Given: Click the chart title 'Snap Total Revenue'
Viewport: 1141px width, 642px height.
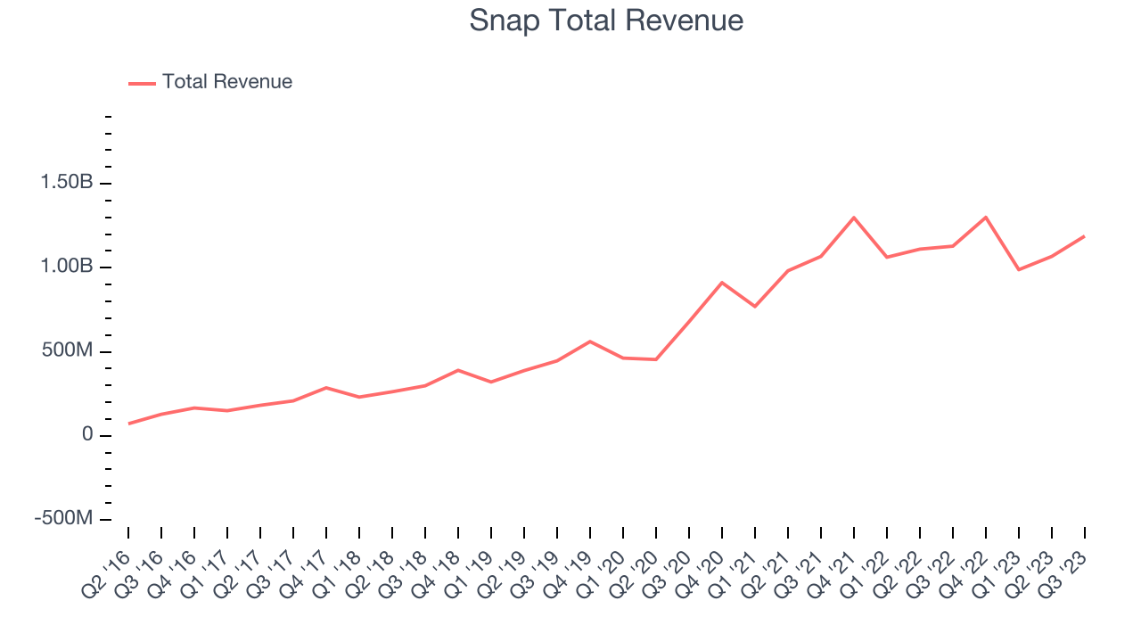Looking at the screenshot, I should [x=606, y=21].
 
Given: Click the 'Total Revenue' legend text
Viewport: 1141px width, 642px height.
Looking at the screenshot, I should [x=226, y=82].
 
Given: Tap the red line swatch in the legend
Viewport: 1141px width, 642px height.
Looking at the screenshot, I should [x=142, y=83].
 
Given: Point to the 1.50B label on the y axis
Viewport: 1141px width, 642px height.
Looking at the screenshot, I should [x=66, y=184].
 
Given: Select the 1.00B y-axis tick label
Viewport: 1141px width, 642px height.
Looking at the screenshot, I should [x=66, y=267].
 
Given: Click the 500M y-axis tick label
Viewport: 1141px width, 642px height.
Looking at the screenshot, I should [x=68, y=351].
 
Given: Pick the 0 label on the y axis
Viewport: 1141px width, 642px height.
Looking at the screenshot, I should [x=86, y=435].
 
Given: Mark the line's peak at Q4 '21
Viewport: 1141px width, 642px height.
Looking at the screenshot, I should [x=854, y=218].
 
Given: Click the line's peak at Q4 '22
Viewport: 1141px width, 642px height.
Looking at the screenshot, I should [x=986, y=217].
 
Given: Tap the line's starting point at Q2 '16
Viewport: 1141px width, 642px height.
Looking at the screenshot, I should [x=128, y=424].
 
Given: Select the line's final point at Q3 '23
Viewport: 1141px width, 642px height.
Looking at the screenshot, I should [x=1084, y=236].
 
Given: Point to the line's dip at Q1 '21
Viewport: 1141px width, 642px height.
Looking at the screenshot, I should [x=755, y=307].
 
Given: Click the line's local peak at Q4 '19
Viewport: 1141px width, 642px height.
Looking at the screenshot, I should [x=590, y=342].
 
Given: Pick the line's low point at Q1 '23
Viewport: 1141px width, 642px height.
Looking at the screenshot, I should [x=1019, y=269].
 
